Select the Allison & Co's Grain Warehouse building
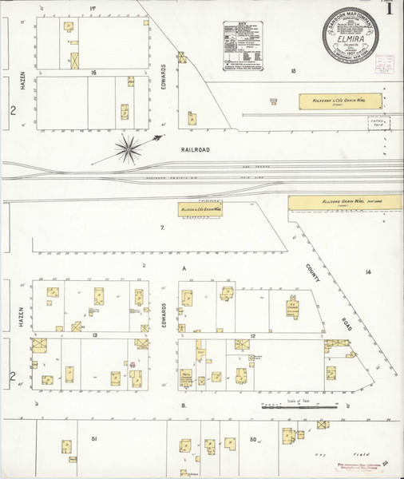[x=199, y=209]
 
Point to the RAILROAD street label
[x=195, y=148]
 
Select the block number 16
[x=93, y=72]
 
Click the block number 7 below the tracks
[x=162, y=228]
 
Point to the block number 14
[x=368, y=273]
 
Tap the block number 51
[x=93, y=439]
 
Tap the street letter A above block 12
[x=183, y=269]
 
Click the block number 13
[x=93, y=335]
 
